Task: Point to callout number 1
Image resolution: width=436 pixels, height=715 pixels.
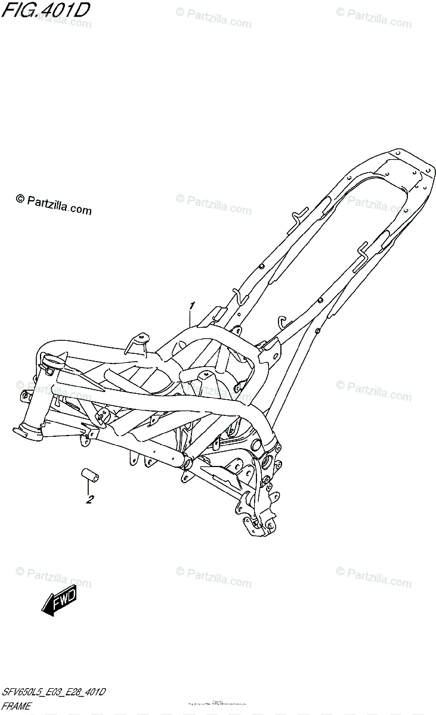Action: (192, 306)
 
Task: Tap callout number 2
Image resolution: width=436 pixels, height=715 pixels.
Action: (89, 499)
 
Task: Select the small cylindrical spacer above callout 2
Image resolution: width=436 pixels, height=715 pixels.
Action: (90, 476)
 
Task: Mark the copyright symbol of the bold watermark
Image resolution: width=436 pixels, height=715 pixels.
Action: (19, 200)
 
